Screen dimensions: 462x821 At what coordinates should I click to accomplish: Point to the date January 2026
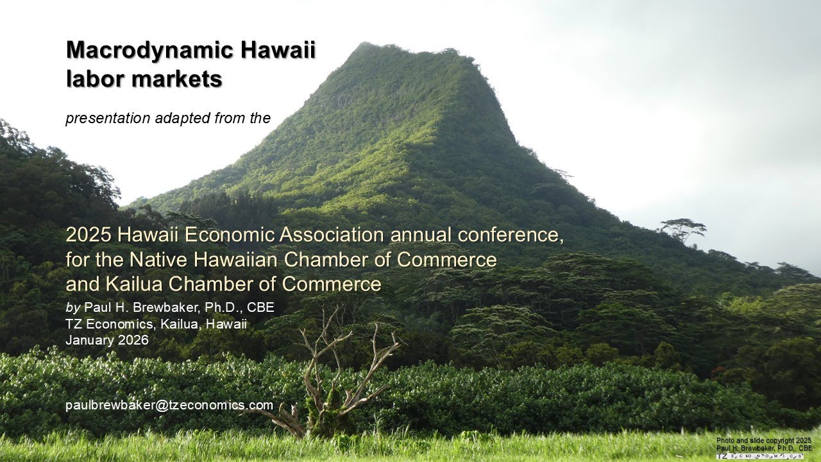pyautogui.click(x=106, y=340)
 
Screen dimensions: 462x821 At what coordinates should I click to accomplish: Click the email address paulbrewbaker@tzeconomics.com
pyautogui.click(x=169, y=405)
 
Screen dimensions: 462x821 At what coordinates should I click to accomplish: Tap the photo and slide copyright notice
pyautogui.click(x=764, y=444)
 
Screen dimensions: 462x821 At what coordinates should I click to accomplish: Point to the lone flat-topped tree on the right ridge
pyautogui.click(x=682, y=227)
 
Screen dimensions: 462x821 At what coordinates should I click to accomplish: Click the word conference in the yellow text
pyautogui.click(x=513, y=235)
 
